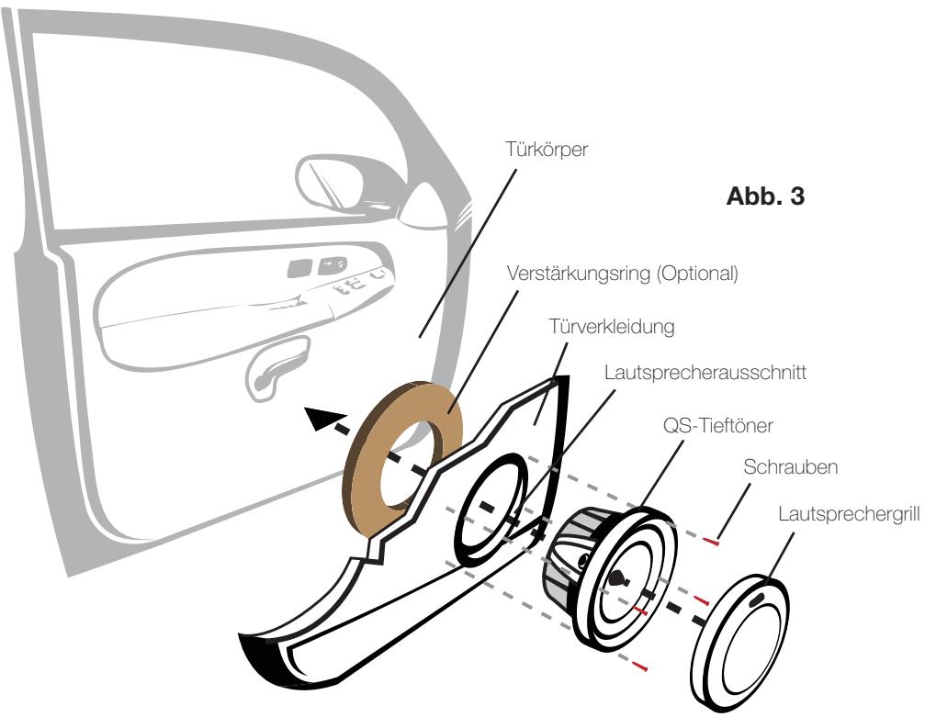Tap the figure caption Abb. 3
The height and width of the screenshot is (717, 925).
pyautogui.click(x=763, y=198)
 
